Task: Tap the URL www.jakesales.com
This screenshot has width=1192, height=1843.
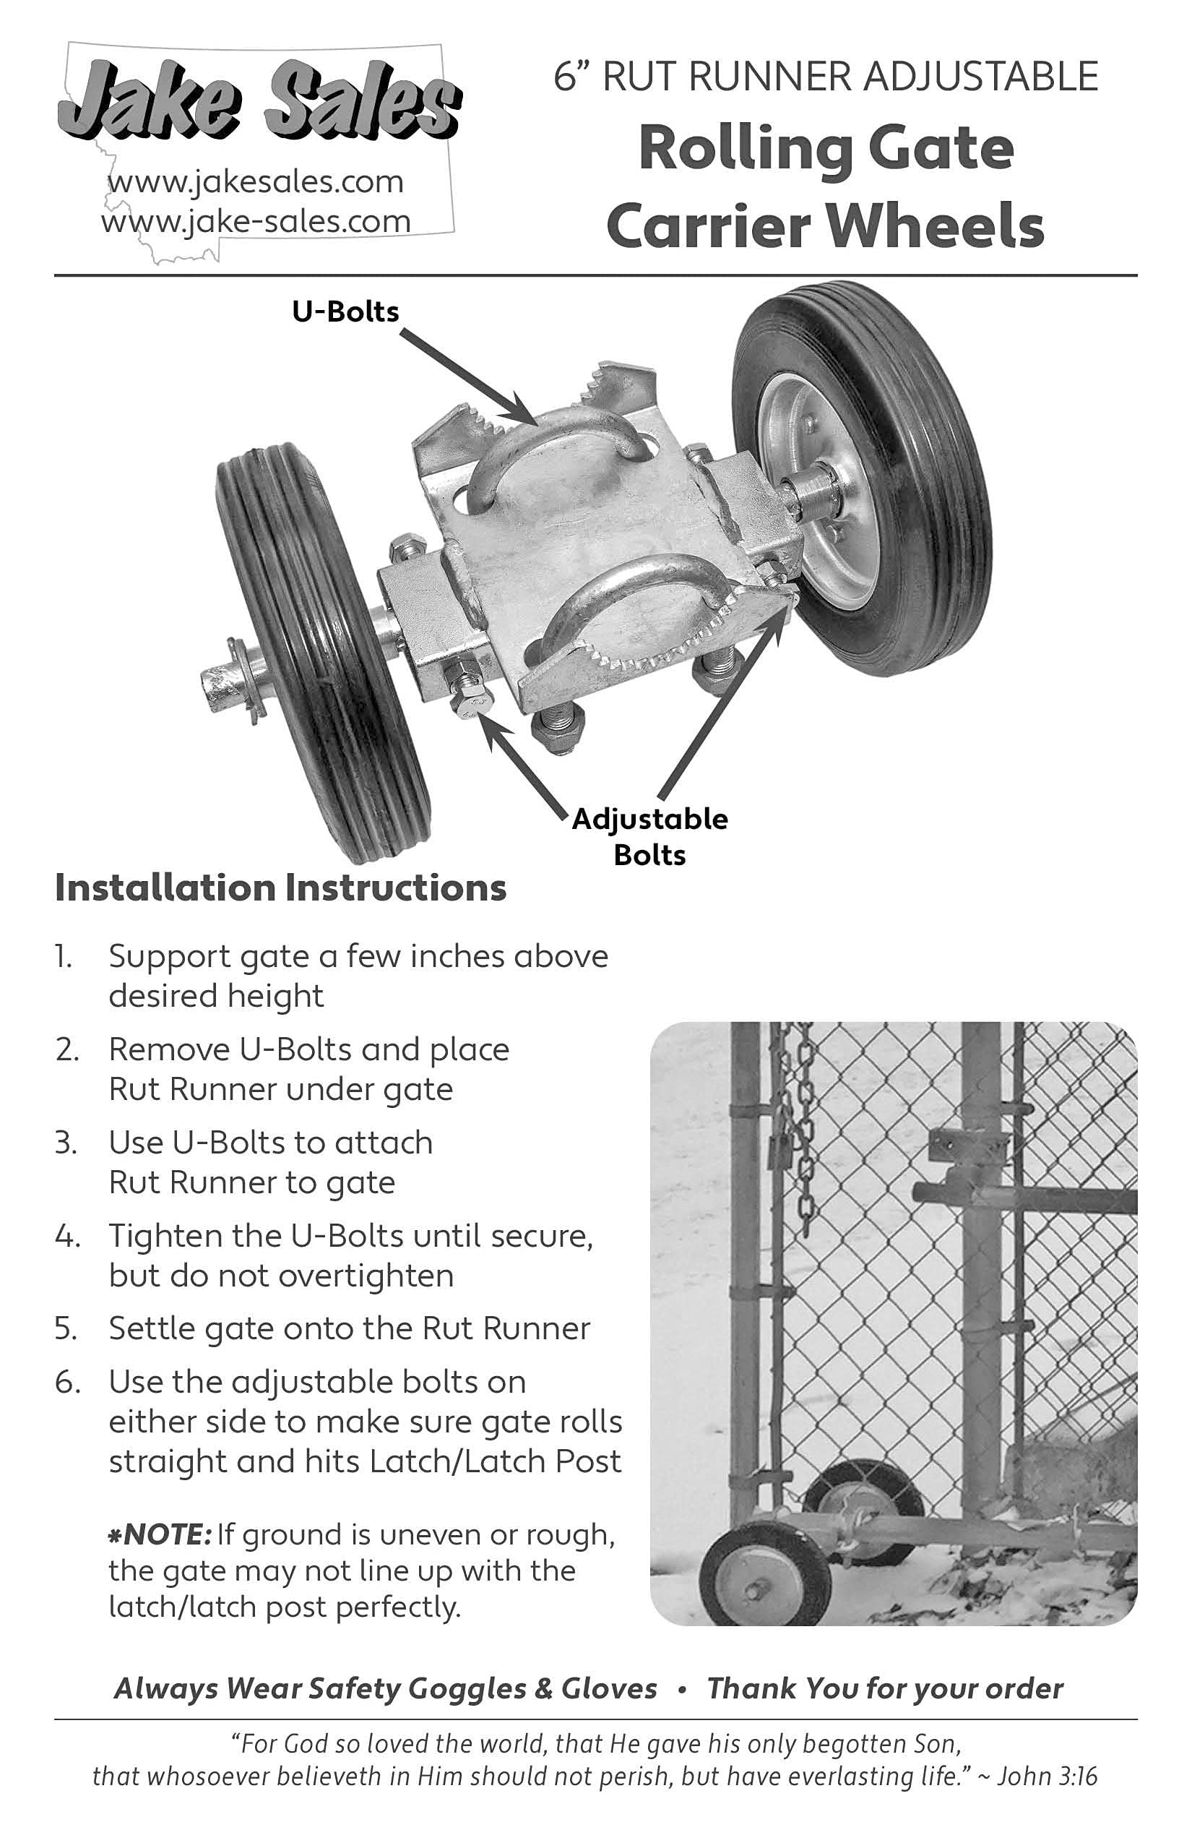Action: point(256,182)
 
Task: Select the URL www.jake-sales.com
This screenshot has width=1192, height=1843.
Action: point(256,223)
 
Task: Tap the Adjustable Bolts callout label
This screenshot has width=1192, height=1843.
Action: point(649,836)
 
